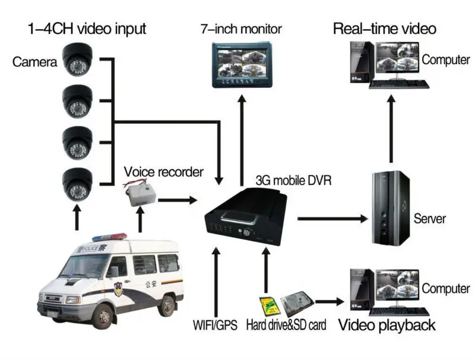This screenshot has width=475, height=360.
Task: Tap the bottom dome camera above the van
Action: pos(77,185)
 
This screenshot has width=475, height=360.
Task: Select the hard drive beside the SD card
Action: pos(296,305)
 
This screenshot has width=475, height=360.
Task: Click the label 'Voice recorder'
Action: pos(163,172)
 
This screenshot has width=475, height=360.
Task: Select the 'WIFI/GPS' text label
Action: pos(215,326)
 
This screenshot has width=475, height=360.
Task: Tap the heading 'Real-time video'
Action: pos(384,29)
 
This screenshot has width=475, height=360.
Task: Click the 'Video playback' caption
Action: pos(387,325)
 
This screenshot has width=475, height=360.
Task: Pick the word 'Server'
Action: pos(429,219)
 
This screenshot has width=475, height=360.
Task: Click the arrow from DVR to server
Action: pos(332,219)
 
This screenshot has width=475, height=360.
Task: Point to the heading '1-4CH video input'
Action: pos(87,29)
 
